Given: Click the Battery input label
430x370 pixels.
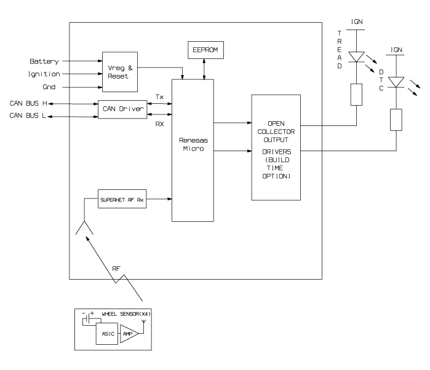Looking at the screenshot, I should click(44, 62).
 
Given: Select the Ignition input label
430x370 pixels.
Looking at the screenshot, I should click(45, 74).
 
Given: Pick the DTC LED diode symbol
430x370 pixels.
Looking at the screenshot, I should click(397, 82).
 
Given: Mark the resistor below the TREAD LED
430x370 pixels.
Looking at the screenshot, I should click(356, 95).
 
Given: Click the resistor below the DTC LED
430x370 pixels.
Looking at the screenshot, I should click(397, 119).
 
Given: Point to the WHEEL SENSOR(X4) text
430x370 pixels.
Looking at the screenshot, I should click(126, 314).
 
